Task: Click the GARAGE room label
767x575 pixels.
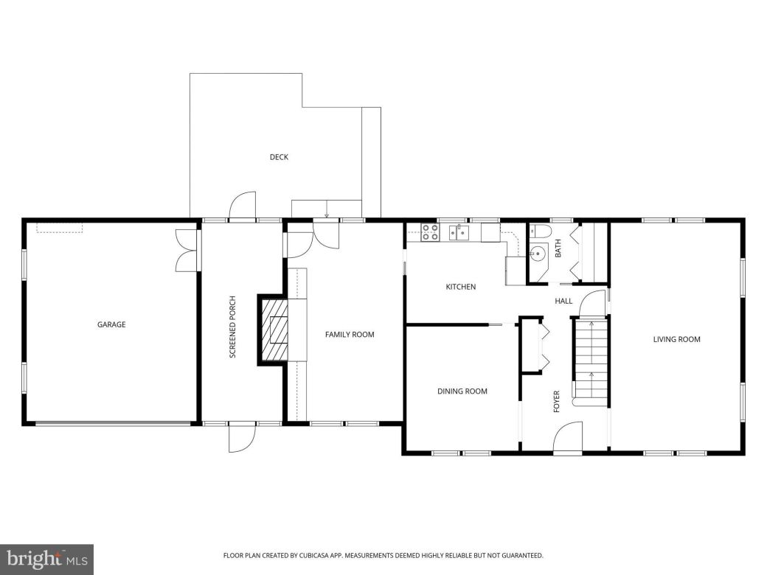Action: (111, 324)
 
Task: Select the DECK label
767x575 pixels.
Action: (278, 157)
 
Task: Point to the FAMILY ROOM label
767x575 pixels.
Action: (350, 335)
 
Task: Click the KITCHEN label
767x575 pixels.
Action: (460, 287)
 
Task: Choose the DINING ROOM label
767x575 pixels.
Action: (462, 391)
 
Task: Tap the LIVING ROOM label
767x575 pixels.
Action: (676, 340)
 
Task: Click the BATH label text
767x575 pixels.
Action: (558, 250)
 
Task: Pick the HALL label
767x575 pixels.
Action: (563, 301)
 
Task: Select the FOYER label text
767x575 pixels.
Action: (557, 401)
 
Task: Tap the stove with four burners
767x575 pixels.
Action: (429, 233)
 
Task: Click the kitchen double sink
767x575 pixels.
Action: (459, 234)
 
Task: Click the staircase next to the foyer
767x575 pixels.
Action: (589, 361)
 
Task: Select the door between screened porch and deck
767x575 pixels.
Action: (242, 206)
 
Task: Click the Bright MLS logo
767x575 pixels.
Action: (46, 559)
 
